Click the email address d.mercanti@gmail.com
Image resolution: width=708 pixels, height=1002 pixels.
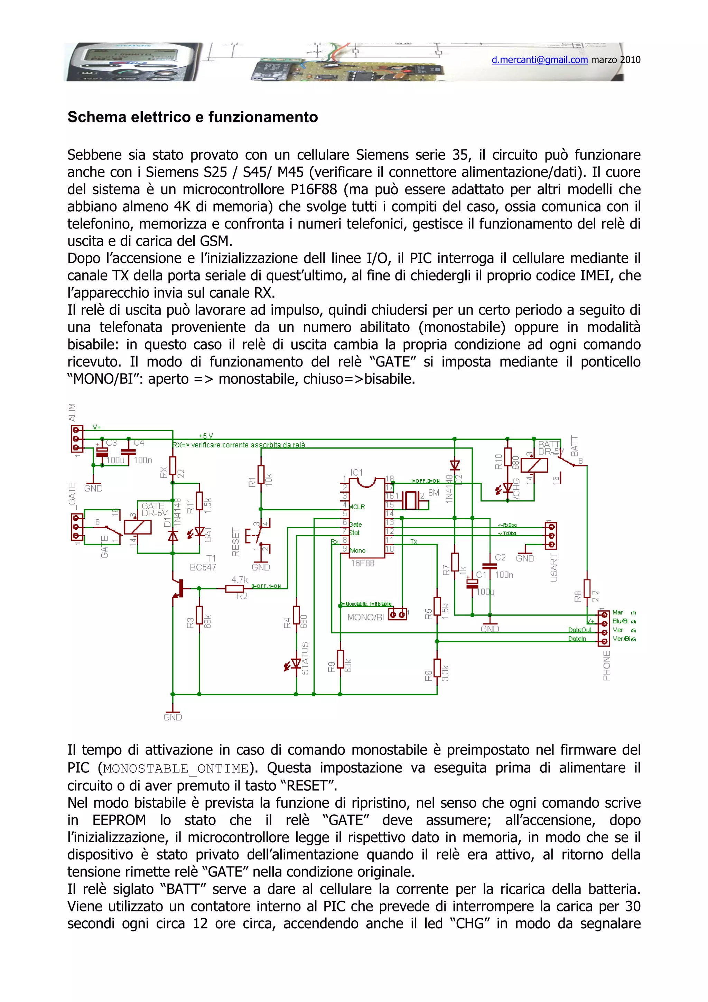(540, 60)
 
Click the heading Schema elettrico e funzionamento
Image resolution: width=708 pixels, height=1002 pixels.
(192, 117)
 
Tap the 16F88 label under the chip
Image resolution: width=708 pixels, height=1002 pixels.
(363, 563)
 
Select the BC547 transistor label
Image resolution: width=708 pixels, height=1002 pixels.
(203, 567)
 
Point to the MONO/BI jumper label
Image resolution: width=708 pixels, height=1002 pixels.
(365, 617)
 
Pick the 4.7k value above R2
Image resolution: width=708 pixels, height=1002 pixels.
(240, 579)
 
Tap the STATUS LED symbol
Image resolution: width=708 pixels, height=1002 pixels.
(296, 663)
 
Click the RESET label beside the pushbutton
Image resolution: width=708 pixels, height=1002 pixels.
(235, 542)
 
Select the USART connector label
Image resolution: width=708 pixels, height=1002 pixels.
(554, 567)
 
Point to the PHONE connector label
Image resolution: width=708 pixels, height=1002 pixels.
(607, 666)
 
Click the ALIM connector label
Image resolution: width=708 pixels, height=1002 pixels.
(72, 412)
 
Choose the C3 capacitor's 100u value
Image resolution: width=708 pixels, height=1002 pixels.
(115, 460)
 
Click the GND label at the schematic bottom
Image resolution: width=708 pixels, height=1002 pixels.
(173, 717)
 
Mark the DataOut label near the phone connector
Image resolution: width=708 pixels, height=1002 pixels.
(579, 630)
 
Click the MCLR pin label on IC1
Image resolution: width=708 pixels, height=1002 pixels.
(357, 507)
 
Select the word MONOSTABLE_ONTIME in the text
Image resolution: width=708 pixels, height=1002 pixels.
(176, 768)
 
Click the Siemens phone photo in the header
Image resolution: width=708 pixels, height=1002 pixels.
(133, 62)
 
